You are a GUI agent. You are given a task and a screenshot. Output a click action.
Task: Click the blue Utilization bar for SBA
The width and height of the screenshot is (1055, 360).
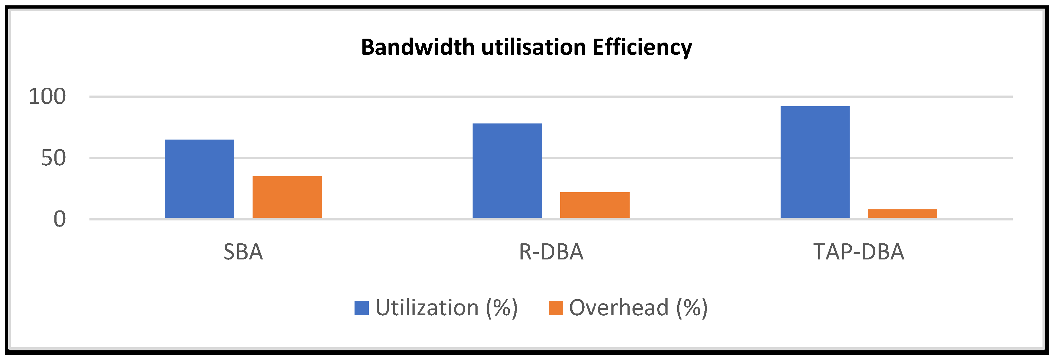(200, 179)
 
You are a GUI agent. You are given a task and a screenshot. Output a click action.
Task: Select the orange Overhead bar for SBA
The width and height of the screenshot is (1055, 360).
(287, 197)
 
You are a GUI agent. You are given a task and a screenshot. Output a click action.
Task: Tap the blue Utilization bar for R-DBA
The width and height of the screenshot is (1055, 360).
(507, 171)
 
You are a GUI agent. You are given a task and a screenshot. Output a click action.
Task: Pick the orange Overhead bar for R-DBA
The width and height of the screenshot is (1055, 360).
(595, 205)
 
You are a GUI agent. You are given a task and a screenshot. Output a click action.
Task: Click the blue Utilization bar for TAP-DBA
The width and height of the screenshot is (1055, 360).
(815, 162)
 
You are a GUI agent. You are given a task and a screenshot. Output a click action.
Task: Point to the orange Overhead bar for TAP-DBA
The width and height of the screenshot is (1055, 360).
(903, 214)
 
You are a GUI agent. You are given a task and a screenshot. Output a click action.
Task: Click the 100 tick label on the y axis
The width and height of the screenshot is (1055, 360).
(47, 97)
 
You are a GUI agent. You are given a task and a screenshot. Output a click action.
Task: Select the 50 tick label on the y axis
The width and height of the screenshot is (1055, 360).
(53, 158)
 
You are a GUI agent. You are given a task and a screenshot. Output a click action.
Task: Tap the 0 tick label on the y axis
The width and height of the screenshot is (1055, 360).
(60, 219)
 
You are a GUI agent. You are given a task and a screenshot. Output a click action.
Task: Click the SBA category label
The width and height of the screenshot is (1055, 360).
(243, 252)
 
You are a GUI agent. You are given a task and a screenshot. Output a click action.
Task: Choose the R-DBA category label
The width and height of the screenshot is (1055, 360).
(551, 252)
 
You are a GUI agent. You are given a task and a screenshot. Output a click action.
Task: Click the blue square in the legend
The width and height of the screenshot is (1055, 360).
(362, 308)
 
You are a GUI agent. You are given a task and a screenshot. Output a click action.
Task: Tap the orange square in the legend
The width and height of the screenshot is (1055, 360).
(556, 308)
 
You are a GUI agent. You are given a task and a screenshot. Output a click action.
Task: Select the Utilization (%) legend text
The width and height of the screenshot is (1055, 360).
(447, 308)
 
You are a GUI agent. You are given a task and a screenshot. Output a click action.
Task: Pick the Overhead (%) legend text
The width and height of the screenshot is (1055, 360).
(639, 308)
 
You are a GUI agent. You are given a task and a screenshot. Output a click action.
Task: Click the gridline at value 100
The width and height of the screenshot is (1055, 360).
(551, 97)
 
